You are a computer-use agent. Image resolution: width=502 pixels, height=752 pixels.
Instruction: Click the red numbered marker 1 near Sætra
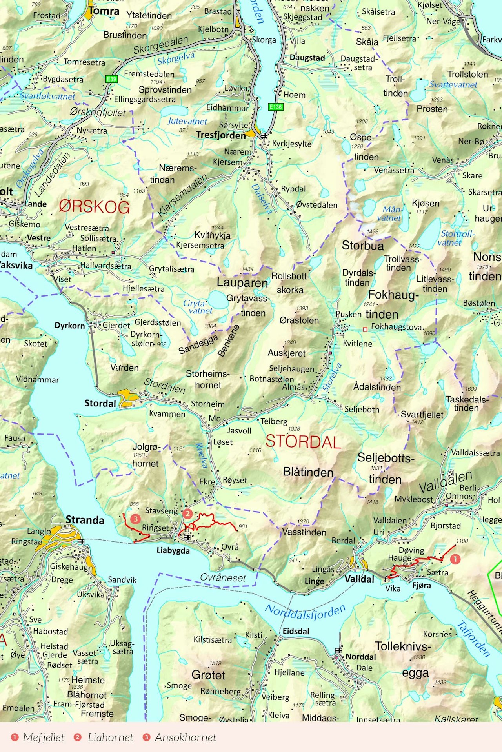tap(455, 559)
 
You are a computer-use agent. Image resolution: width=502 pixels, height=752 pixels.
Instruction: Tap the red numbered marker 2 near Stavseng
tap(187, 513)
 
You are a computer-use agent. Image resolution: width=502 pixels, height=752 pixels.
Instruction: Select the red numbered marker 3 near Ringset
tap(135, 519)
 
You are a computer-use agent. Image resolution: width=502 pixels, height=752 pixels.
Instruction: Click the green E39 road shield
tap(112, 79)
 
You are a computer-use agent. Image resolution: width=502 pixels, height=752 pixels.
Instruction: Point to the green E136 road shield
tap(275, 107)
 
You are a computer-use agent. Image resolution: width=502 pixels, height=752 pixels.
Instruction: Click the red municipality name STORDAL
tap(303, 442)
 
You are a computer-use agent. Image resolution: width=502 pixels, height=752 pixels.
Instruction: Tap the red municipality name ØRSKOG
tap(94, 207)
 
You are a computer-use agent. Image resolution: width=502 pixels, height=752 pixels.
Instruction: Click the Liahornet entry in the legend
tap(110, 737)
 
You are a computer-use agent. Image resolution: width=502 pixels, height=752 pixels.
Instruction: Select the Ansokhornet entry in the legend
tap(185, 737)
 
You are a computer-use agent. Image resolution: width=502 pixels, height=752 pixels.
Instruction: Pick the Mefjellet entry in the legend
tap(43, 737)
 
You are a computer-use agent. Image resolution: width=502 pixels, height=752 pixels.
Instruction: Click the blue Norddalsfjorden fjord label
tap(306, 612)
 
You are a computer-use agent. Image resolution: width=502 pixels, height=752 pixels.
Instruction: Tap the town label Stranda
tap(85, 520)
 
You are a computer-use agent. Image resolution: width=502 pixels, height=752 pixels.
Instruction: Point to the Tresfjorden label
tap(221, 135)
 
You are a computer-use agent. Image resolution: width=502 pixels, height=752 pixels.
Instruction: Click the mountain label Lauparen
tap(242, 283)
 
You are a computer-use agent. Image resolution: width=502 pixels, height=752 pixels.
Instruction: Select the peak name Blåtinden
tap(308, 472)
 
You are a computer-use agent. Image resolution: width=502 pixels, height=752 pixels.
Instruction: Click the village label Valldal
tap(359, 579)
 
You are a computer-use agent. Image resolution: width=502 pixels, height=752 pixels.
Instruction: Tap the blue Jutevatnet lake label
tap(187, 121)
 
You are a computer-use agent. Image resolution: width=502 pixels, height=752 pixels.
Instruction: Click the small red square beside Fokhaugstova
tap(365, 330)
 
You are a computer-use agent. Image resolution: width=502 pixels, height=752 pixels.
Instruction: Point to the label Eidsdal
tap(296, 631)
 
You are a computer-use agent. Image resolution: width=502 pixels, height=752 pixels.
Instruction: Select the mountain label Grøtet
tap(208, 675)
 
